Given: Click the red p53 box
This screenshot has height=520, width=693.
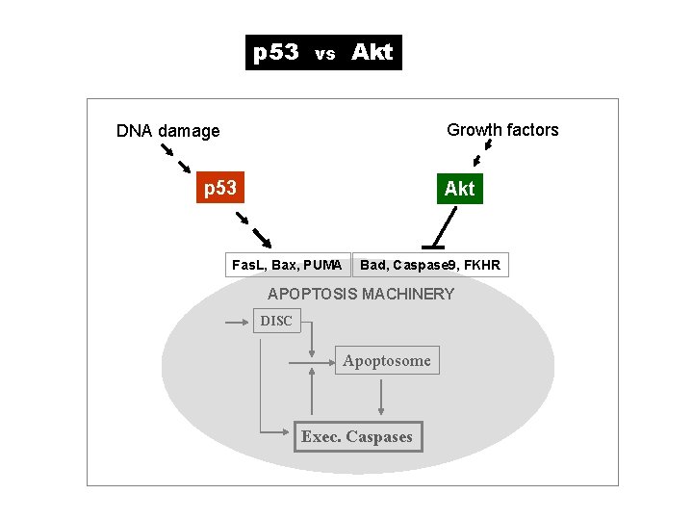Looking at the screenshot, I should pos(220,188).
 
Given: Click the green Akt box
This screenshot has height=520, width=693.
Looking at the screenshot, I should pos(459,189).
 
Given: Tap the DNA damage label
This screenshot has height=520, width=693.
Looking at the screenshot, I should pos(167,131).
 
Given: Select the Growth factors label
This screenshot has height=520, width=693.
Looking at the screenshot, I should pos(502,130).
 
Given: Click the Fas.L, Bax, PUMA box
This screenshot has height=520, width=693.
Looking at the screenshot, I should pos(287,265).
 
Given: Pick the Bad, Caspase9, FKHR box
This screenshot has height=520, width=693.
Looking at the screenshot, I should pos(430,265).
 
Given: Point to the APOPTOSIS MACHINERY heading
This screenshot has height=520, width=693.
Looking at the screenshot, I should pos(361,294).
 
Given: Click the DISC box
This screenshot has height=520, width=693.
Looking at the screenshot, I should pos(276,321).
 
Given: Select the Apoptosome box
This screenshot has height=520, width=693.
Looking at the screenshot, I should pos(387,361).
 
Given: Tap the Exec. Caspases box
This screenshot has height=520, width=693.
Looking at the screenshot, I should pos(356,437).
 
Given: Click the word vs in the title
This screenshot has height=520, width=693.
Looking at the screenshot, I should pos(324,55).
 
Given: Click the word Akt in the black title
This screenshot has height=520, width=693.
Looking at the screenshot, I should pos(372,53).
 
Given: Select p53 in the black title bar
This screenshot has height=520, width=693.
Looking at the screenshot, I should pos(276,53).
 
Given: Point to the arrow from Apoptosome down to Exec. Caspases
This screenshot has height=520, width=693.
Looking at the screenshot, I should pos(382,396).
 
